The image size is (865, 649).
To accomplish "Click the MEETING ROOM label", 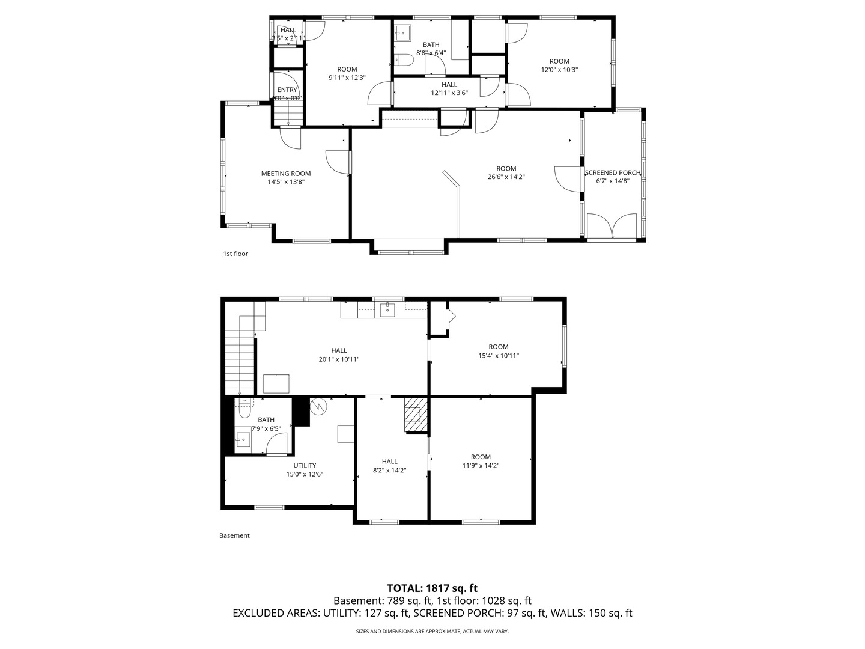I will pos(286,174).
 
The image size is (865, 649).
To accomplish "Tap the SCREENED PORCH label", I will pos(613,173).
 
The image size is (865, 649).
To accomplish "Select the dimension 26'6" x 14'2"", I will pos(506,177).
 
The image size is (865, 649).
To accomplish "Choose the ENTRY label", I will pos(287,90).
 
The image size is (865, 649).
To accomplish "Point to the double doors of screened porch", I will pos(612,227).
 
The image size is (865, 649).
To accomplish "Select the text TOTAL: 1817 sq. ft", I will pos(432,588).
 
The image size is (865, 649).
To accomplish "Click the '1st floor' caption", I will pos(235,254).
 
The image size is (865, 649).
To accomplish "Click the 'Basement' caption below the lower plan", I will pos(234,535).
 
